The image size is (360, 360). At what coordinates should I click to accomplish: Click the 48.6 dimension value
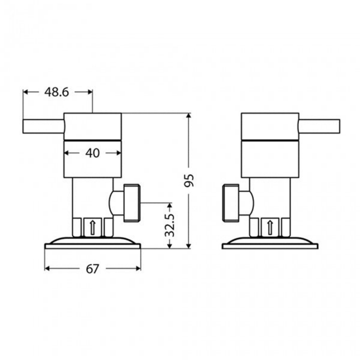(x=57, y=92)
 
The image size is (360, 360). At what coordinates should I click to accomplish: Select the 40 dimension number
(x=92, y=153)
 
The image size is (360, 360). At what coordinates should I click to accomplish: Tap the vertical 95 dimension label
(x=189, y=180)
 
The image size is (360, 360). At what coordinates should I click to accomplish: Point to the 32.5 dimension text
(x=170, y=226)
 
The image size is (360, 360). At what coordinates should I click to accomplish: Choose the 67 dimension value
(x=92, y=269)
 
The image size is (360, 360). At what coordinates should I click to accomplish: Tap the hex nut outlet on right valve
(x=231, y=202)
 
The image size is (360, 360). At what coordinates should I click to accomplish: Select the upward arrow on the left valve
(x=92, y=227)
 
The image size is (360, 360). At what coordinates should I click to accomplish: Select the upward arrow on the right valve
(x=270, y=227)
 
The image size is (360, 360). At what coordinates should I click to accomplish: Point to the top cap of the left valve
(x=92, y=126)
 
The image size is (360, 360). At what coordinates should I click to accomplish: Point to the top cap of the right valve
(x=270, y=126)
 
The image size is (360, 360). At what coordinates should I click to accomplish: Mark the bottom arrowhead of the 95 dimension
(x=189, y=245)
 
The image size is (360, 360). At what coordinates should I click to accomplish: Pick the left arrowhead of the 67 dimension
(x=47, y=268)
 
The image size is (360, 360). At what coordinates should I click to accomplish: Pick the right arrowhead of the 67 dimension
(x=138, y=268)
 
